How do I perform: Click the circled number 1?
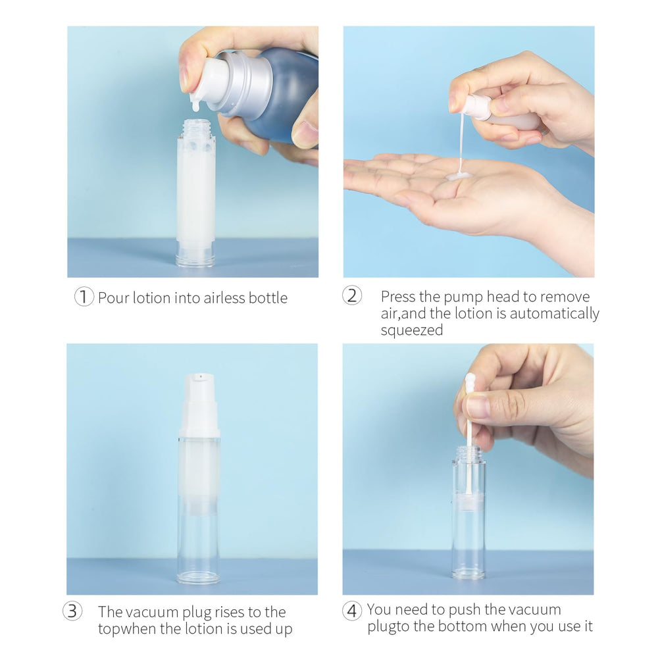point(84,297)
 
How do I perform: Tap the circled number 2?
point(352,295)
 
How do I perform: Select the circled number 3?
point(72,611)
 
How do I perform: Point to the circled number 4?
point(352,611)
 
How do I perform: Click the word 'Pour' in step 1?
point(114,297)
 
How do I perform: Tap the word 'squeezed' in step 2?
point(412,330)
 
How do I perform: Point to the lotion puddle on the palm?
point(458,176)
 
